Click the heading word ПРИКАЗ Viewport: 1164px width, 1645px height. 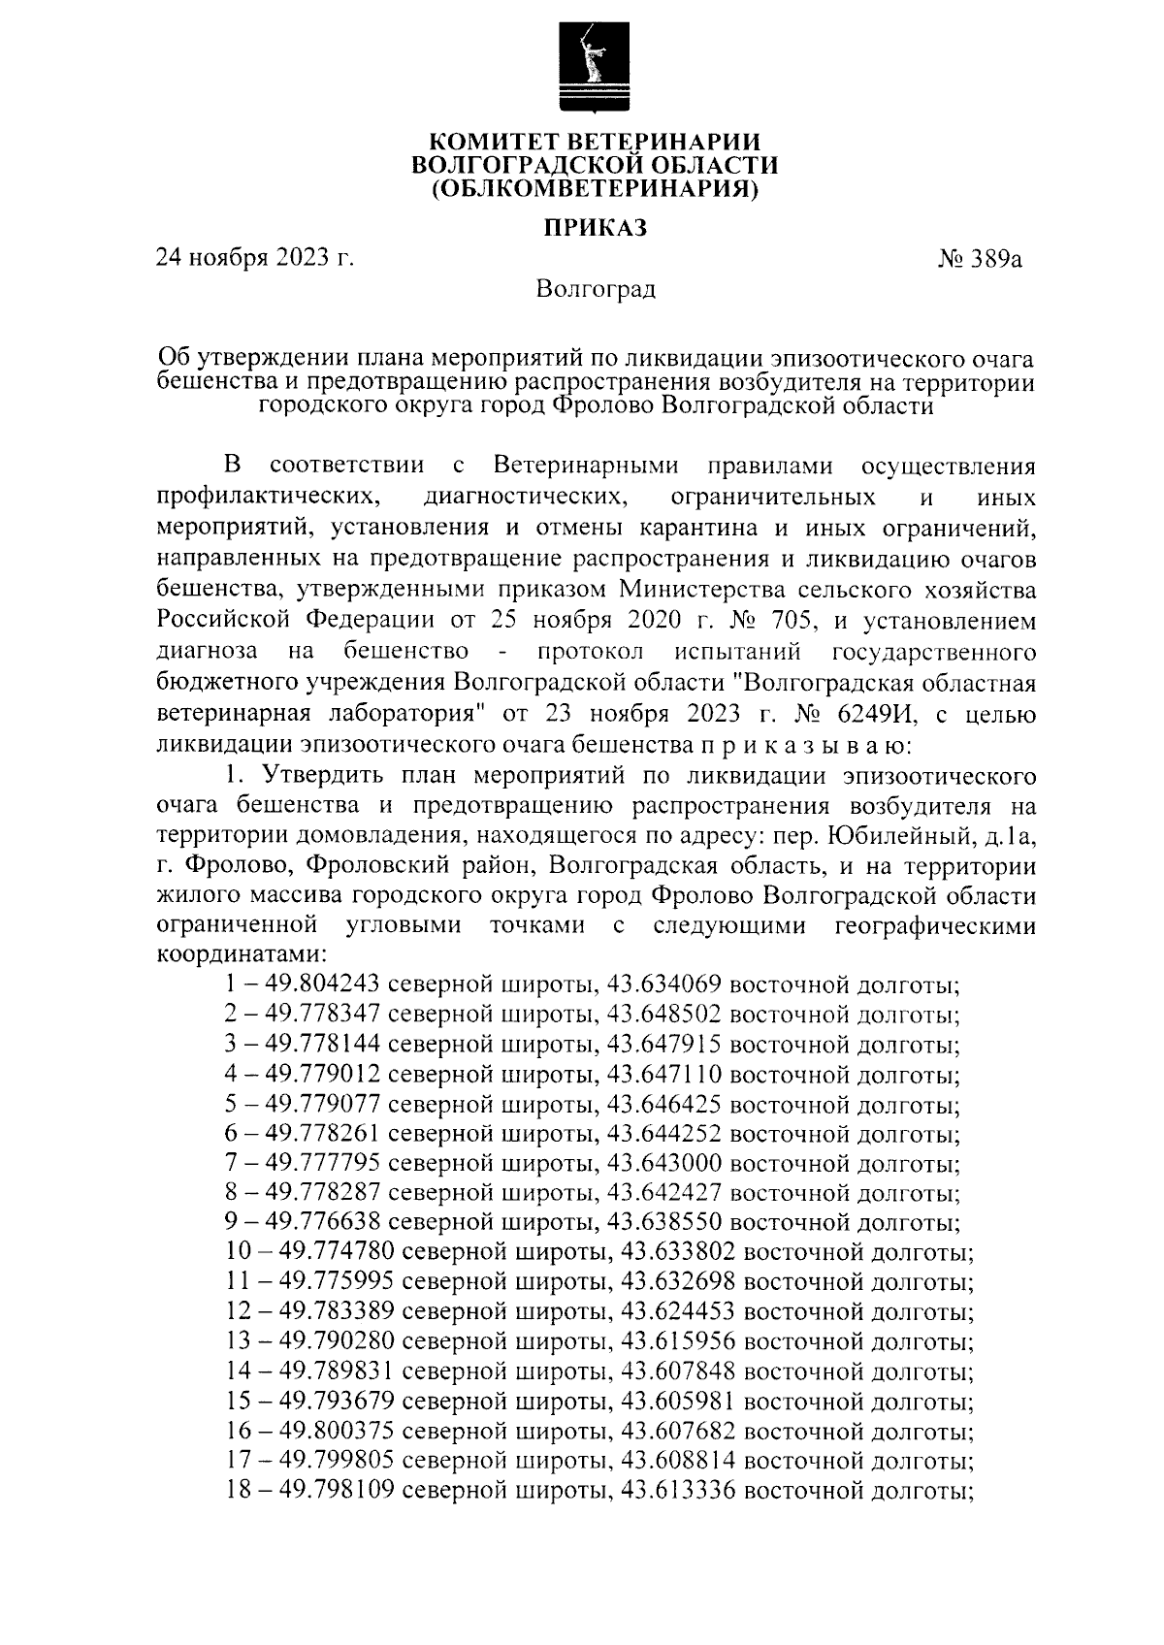tap(594, 229)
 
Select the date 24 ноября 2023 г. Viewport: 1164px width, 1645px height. tap(255, 259)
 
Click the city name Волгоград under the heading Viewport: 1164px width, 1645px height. tap(596, 289)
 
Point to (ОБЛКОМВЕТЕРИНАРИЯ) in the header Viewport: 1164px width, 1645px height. tap(594, 187)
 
